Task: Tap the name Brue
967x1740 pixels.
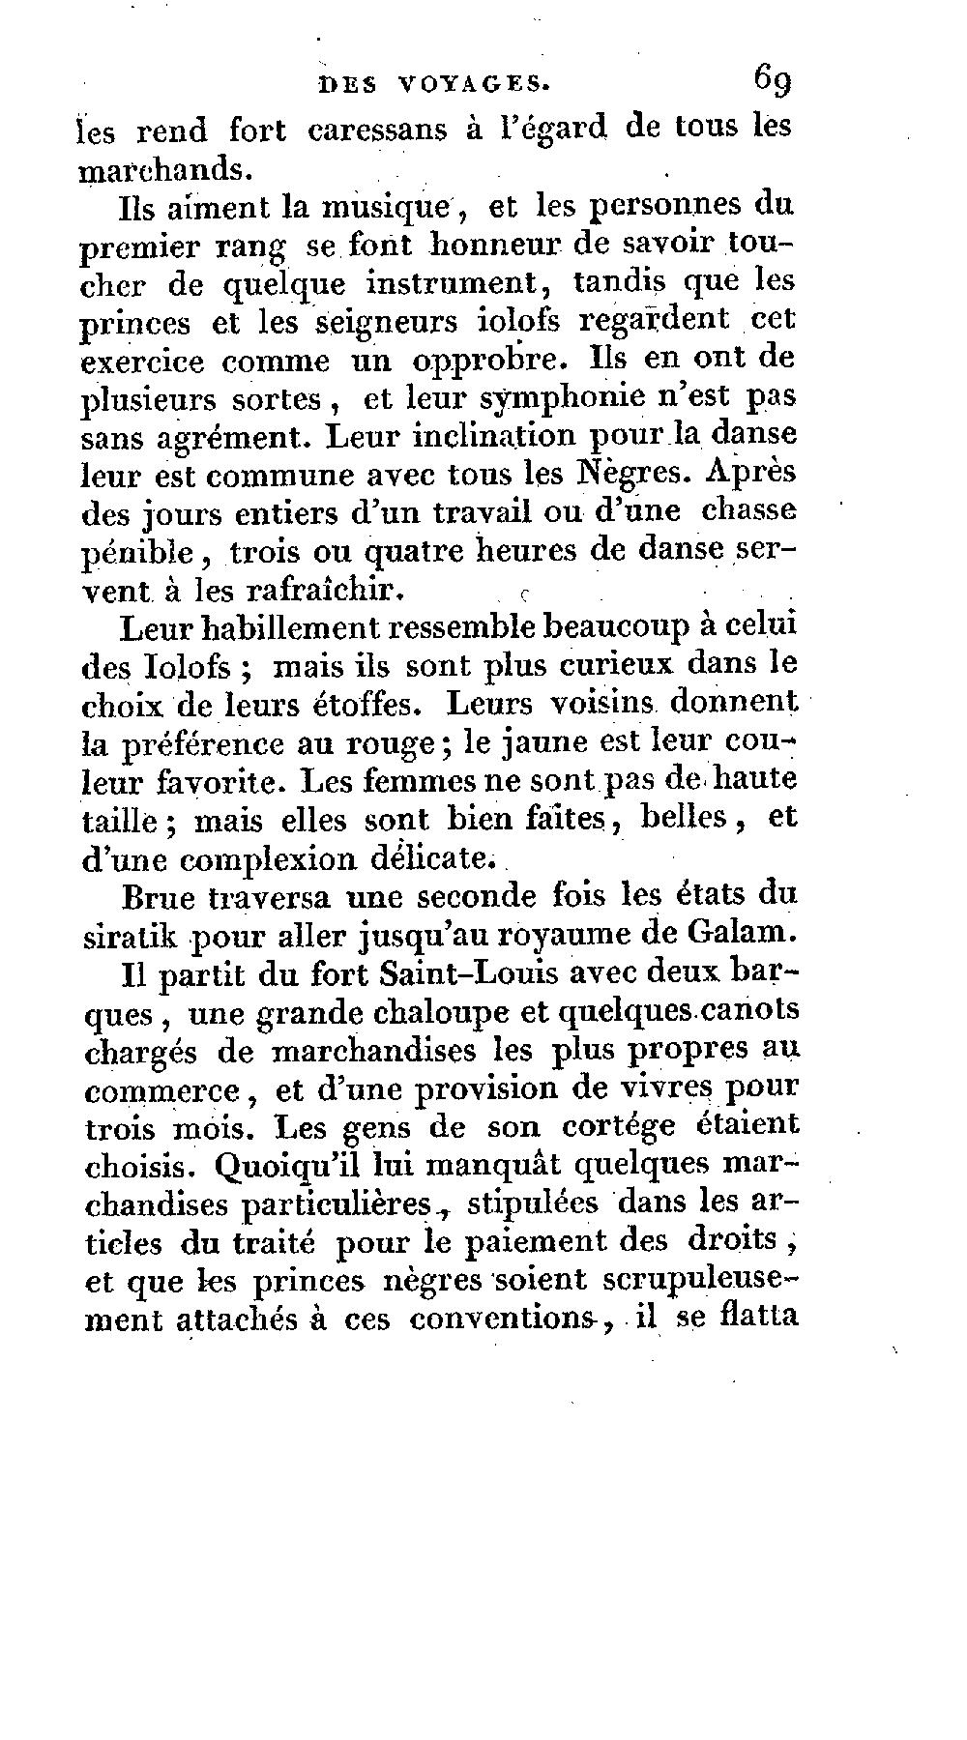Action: (160, 897)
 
